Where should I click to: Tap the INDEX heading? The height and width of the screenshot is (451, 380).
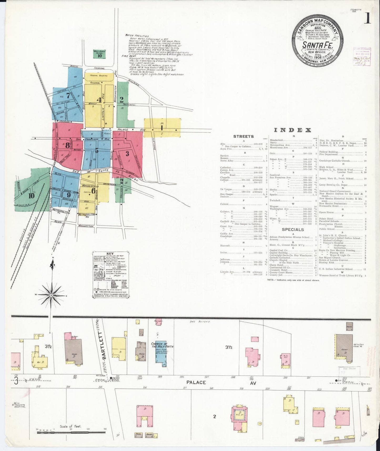(292, 130)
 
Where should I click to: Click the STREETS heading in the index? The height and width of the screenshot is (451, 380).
(244, 136)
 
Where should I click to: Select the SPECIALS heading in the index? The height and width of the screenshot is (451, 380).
(293, 229)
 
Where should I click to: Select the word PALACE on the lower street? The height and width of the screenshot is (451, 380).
(196, 382)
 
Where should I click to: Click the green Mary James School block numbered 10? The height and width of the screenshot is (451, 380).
(99, 54)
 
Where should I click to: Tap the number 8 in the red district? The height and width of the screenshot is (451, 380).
(68, 145)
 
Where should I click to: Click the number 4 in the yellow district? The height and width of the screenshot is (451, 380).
(99, 100)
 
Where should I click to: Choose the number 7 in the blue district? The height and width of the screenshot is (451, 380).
(68, 96)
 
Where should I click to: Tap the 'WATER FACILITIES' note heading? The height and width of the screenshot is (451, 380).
(137, 36)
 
